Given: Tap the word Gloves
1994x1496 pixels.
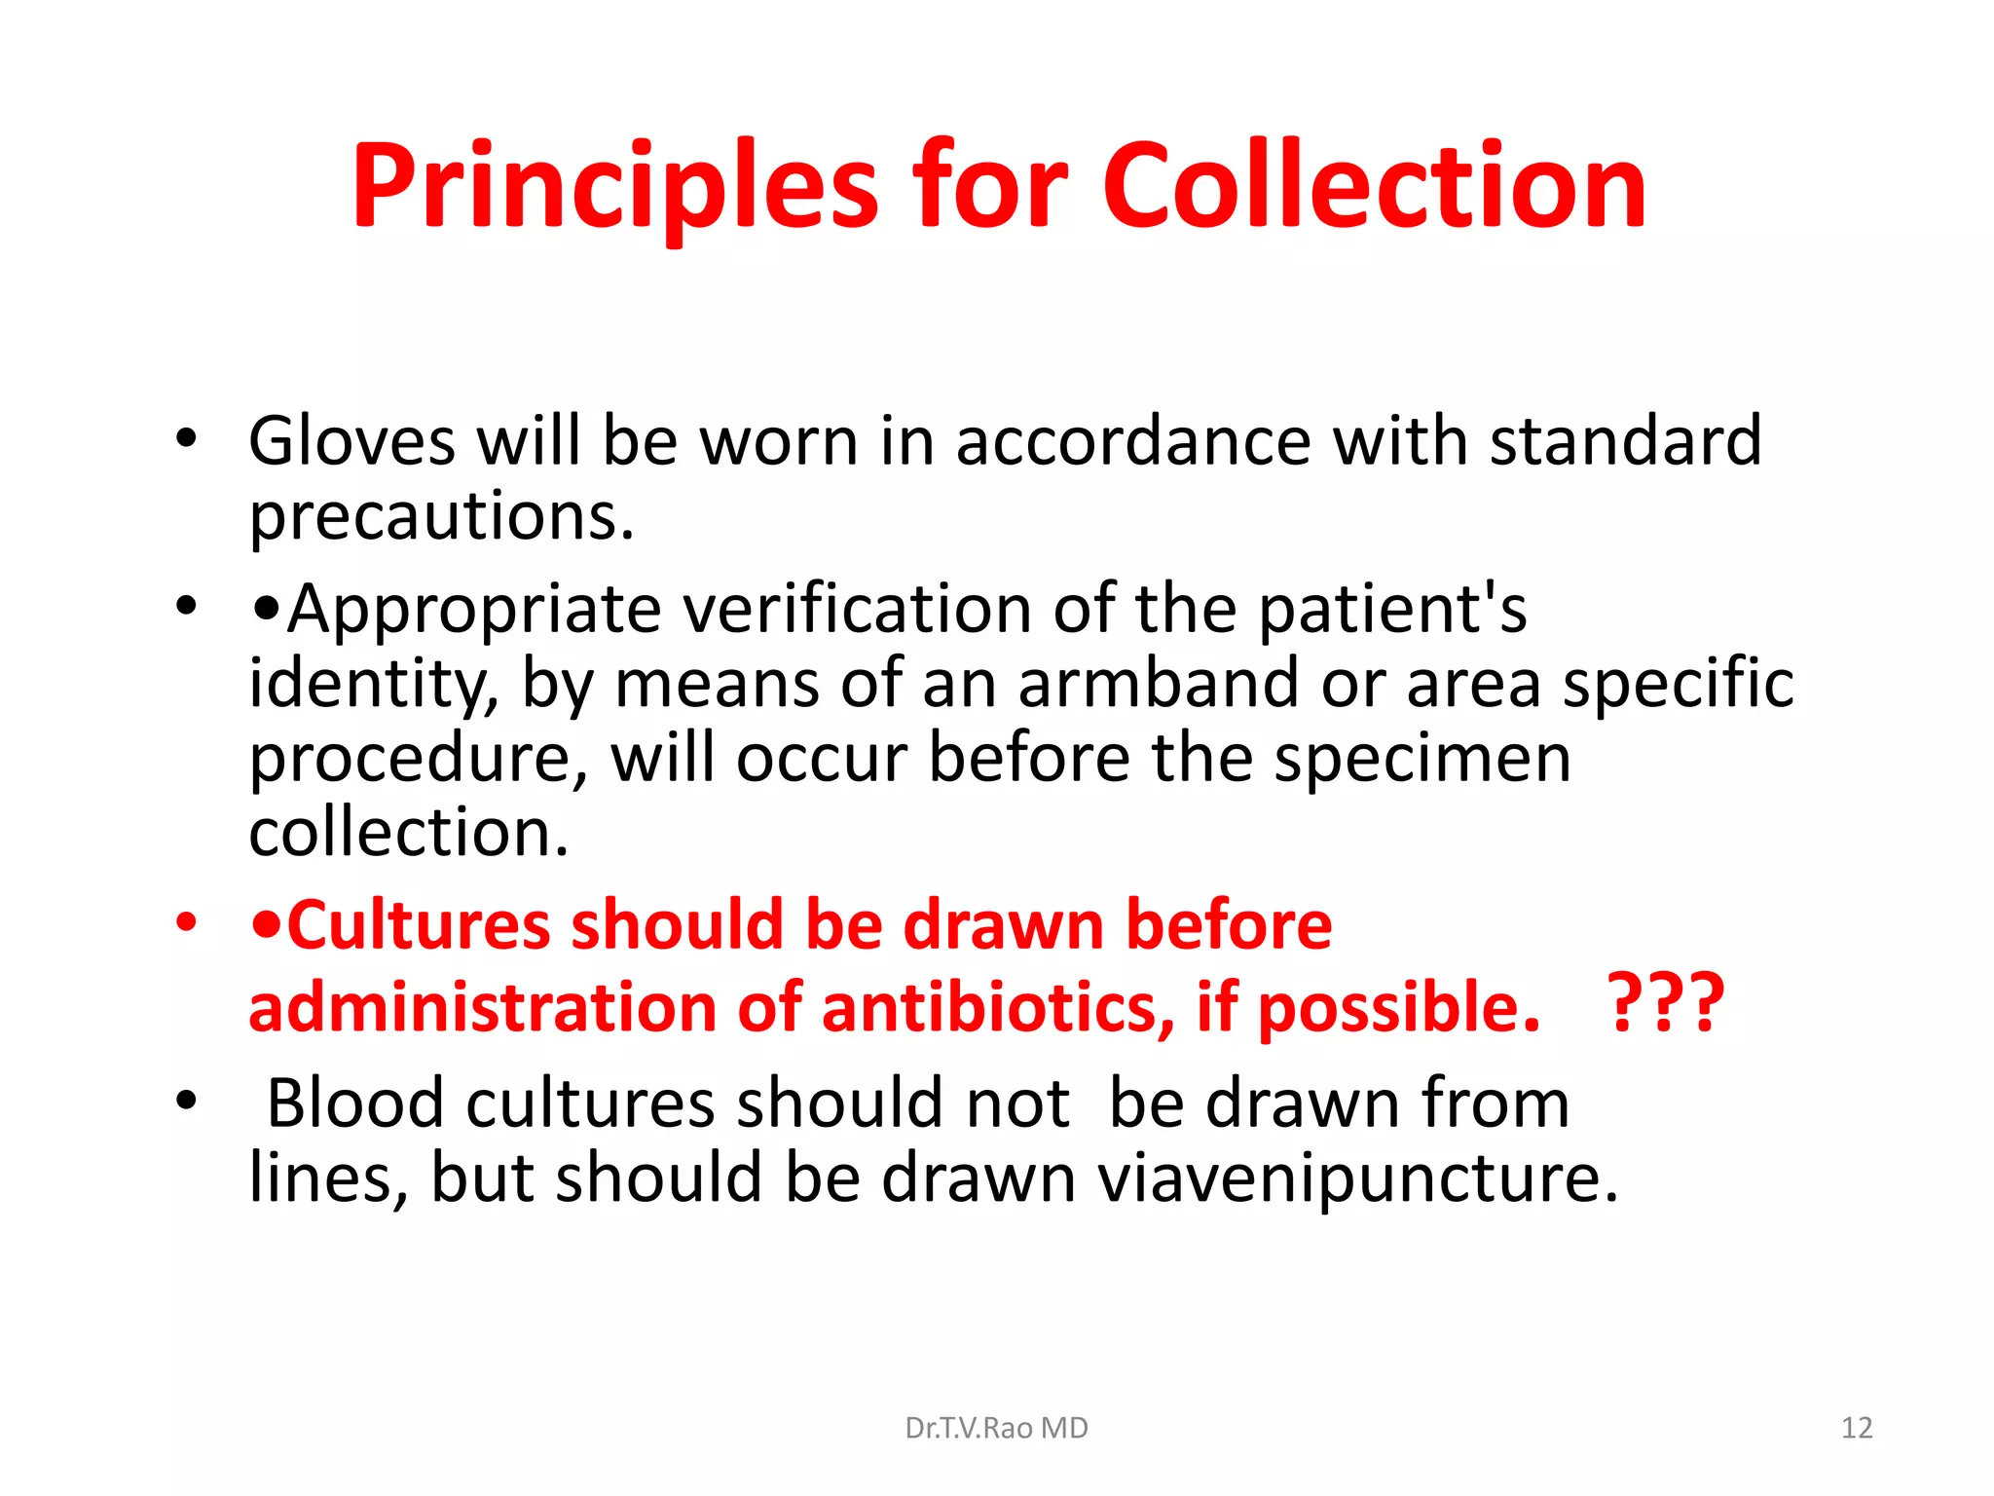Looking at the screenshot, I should tap(351, 440).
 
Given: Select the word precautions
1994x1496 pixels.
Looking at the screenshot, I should tap(441, 516).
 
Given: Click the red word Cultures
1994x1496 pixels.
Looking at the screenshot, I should tap(418, 924).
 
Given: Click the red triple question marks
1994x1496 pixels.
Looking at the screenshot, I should tap(1665, 1004).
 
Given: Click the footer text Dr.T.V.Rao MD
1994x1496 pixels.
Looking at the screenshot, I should tap(996, 1428).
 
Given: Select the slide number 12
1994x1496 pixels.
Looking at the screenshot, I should tap(1857, 1428).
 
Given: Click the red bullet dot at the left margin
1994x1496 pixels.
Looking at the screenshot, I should tap(187, 922).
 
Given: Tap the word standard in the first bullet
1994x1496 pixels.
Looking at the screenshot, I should tap(1626, 440).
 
